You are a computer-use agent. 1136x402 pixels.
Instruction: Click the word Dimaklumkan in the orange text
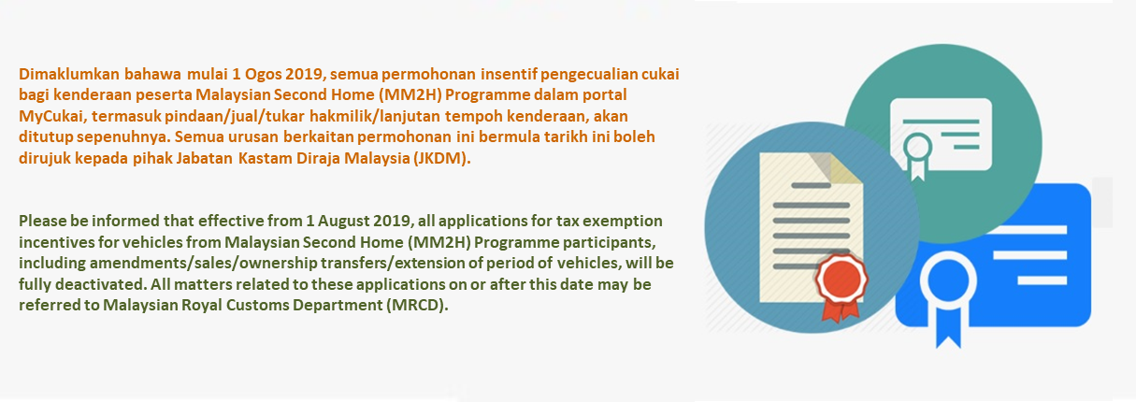tap(69, 74)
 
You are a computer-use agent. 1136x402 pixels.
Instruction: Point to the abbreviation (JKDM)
tap(441, 159)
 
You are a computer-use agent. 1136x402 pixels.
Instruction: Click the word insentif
tap(508, 74)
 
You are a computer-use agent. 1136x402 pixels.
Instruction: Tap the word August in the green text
tap(343, 222)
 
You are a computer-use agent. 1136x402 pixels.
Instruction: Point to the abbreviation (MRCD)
tap(420, 305)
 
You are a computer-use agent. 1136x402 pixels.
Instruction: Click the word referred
tap(46, 305)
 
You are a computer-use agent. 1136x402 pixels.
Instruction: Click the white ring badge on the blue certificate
tap(948, 280)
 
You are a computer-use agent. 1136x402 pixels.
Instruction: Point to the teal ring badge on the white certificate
tap(917, 148)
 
